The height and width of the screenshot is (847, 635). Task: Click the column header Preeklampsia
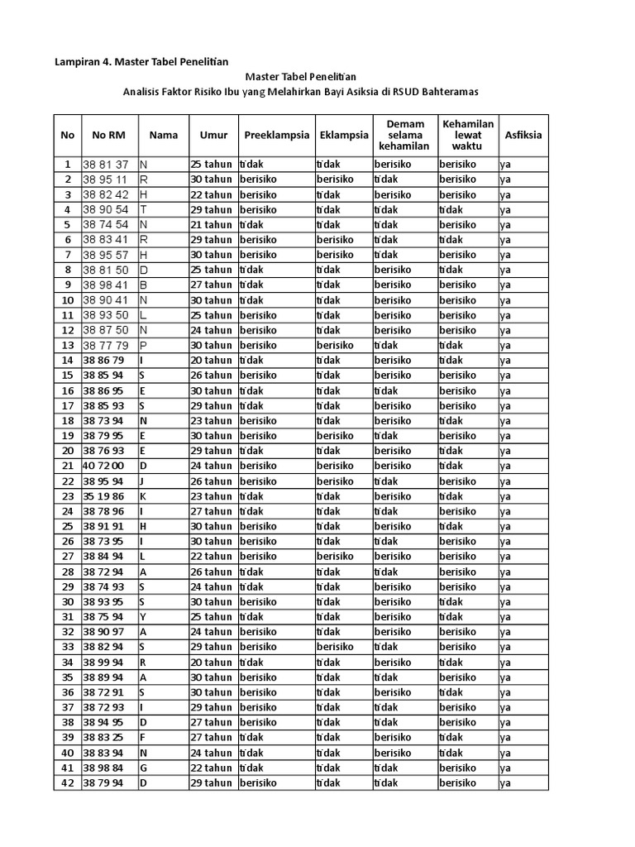277,135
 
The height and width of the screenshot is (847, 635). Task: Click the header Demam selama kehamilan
404,135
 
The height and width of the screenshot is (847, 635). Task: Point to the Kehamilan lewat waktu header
467,135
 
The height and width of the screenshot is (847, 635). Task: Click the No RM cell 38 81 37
106,165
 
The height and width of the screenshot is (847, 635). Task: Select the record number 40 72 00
103,467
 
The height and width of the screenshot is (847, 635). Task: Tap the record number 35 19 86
103,496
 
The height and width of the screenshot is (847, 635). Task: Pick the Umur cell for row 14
211,361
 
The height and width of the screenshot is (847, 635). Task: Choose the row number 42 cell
67,783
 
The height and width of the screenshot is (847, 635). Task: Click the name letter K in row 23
143,496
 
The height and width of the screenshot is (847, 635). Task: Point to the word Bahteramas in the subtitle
449,92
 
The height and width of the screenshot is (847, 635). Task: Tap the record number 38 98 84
103,768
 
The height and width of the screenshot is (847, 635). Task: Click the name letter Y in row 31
143,617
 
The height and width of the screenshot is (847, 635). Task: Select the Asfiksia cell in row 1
506,165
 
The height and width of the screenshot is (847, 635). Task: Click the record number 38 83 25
103,738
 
